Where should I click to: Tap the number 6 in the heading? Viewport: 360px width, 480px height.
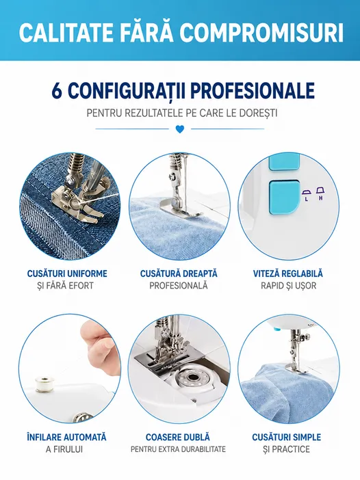[57, 91]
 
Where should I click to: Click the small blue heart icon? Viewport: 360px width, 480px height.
[180, 129]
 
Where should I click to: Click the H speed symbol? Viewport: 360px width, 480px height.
[320, 193]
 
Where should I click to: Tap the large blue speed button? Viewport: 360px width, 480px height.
[284, 196]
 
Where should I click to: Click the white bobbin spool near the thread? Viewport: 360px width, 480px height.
[42, 384]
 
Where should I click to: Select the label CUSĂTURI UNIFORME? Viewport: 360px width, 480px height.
[67, 274]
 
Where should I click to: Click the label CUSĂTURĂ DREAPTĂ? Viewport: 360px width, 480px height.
[179, 273]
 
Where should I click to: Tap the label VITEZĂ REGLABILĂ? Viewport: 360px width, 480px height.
[288, 274]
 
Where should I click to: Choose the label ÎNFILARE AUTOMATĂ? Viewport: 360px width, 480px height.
[66, 437]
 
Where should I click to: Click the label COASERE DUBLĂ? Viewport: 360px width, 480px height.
[178, 437]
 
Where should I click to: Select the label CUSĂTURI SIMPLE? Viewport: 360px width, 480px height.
[287, 437]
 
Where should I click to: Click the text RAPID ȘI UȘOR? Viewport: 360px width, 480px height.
[288, 286]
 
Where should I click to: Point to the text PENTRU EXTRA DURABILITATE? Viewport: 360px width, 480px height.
[178, 449]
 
